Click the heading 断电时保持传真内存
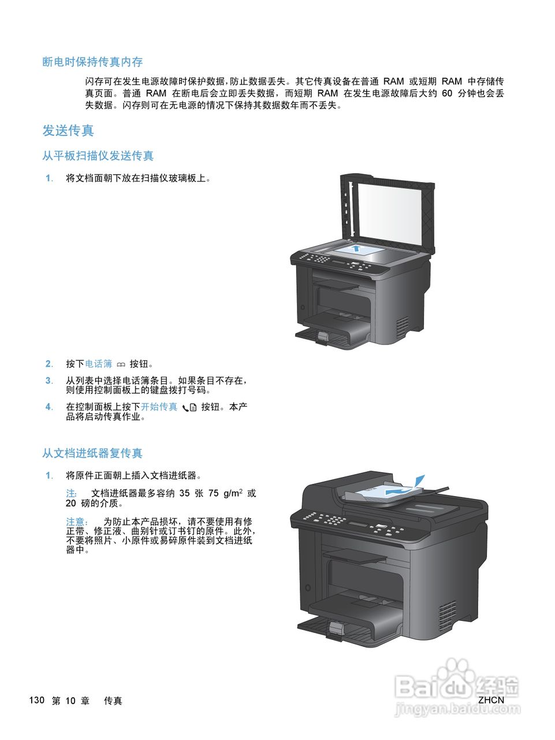click(x=92, y=62)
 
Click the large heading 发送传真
click(x=68, y=131)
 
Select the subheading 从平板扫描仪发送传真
click(x=98, y=156)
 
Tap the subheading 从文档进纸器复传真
click(x=92, y=453)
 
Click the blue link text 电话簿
click(x=99, y=364)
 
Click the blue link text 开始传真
click(x=159, y=407)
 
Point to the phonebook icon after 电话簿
click(x=121, y=364)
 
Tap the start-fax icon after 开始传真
click(x=189, y=408)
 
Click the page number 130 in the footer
click(x=36, y=700)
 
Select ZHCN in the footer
click(x=491, y=700)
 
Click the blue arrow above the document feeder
click(x=420, y=480)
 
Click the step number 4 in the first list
click(x=49, y=407)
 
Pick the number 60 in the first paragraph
click(x=447, y=93)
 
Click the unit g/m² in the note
click(x=233, y=493)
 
